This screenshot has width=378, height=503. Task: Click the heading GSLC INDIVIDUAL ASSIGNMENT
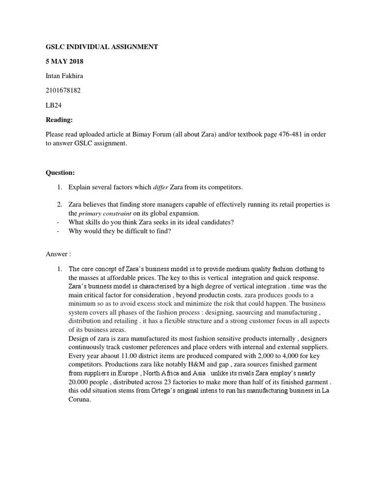pyautogui.click(x=102, y=47)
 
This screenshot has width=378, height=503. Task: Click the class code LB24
pyautogui.click(x=54, y=105)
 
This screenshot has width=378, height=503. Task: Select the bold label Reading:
pyautogui.click(x=60, y=119)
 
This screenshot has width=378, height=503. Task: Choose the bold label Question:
pyautogui.click(x=61, y=173)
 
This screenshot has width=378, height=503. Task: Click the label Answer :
pyautogui.click(x=59, y=254)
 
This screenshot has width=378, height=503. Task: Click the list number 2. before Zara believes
pyautogui.click(x=60, y=205)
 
